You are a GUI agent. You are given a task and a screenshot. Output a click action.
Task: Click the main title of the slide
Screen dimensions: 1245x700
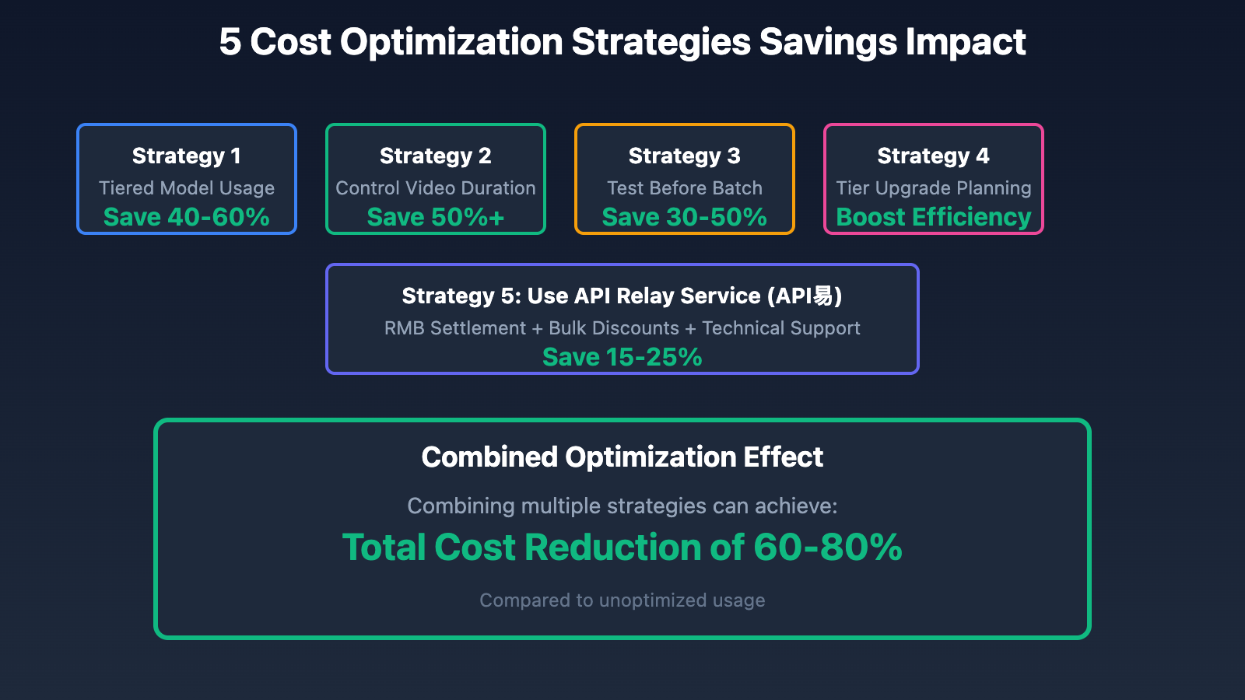click(x=622, y=42)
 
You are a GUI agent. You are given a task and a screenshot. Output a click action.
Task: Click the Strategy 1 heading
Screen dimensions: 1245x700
click(x=187, y=156)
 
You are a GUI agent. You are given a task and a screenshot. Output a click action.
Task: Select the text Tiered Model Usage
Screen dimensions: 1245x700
click(x=187, y=188)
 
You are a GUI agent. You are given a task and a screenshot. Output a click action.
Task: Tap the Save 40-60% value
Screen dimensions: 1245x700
click(x=187, y=217)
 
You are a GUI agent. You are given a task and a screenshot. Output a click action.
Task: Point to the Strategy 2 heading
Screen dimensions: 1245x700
click(x=436, y=156)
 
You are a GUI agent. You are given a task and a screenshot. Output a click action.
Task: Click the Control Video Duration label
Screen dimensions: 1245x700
click(x=436, y=187)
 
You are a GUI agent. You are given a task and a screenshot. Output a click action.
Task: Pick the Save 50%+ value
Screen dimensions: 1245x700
click(x=436, y=217)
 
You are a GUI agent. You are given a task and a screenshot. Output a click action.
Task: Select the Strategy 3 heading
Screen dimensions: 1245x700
click(x=685, y=156)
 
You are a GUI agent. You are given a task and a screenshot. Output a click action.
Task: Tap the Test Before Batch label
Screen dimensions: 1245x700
click(x=685, y=187)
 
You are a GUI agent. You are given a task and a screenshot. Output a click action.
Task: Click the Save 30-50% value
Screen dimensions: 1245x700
click(x=685, y=217)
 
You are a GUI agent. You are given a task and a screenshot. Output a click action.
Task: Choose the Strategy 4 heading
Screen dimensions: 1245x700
click(x=934, y=156)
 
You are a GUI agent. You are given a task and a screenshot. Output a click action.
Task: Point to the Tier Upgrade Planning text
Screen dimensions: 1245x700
click(x=934, y=188)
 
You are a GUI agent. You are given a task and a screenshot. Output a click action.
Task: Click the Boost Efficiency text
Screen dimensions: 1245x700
click(x=934, y=217)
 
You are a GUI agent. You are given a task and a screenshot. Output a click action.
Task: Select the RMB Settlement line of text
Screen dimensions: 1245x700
click(x=622, y=328)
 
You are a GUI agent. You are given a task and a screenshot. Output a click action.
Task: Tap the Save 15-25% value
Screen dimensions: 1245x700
click(x=622, y=357)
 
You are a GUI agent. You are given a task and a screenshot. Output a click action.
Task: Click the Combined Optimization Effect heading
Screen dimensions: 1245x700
click(x=622, y=457)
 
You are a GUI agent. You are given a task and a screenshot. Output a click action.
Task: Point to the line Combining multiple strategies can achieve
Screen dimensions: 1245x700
click(x=622, y=506)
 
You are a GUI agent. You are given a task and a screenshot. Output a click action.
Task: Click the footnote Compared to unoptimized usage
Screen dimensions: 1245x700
click(x=622, y=600)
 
